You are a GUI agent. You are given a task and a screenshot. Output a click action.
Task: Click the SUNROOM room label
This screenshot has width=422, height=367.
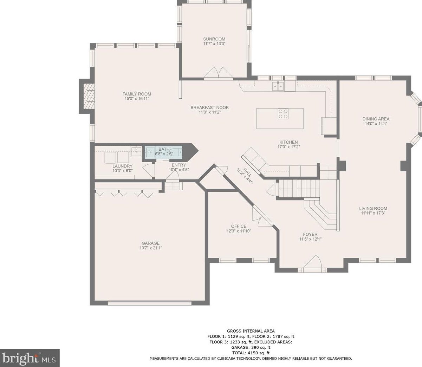[214, 39]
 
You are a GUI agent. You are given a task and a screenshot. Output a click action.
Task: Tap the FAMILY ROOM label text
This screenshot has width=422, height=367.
[137, 94]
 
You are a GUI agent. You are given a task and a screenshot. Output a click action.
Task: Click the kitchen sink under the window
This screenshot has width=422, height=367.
[278, 86]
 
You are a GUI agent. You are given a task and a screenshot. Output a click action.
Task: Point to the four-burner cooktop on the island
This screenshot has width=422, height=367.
[283, 114]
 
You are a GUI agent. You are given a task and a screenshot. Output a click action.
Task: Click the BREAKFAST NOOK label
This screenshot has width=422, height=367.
[209, 107]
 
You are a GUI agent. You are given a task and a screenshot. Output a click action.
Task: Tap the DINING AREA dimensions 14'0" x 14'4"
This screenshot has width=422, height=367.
[376, 124]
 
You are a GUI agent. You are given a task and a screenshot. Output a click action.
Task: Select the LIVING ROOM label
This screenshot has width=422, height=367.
[373, 209]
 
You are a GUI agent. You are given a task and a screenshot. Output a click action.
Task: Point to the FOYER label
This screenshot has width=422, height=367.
[310, 235]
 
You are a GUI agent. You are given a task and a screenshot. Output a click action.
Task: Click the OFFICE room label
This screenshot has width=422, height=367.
[239, 226]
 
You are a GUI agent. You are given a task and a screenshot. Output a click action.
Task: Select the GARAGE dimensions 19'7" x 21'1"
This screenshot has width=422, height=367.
[151, 248]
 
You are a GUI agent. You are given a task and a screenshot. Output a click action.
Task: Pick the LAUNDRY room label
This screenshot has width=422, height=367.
[123, 166]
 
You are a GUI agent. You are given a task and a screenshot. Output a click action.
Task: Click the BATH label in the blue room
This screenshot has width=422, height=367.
[164, 149]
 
